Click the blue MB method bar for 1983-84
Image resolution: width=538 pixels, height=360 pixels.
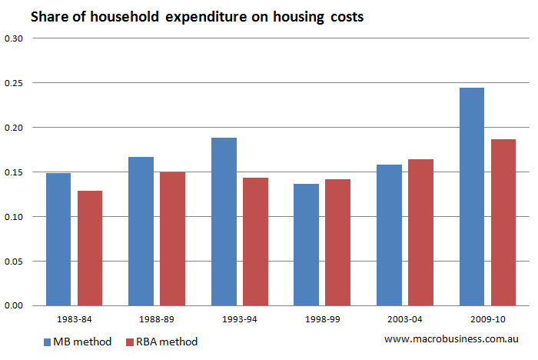58,239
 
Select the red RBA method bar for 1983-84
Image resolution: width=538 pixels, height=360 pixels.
90,248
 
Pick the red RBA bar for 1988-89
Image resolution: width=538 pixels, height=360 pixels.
172,238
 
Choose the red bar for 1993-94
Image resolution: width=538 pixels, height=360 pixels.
255,242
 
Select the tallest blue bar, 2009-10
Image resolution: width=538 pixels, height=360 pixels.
471,196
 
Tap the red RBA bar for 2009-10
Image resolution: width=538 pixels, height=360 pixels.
503,222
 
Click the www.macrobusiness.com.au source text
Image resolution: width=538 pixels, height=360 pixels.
452,338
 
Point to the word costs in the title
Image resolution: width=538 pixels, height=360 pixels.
343,17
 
